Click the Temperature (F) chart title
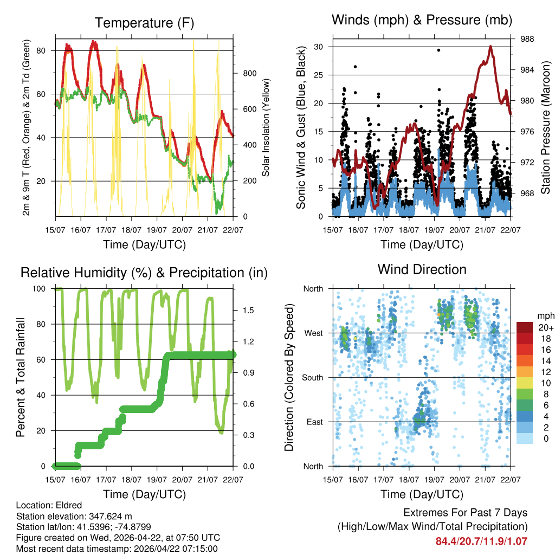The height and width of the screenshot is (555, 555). pyautogui.click(x=144, y=23)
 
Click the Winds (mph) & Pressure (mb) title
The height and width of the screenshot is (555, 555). pyautogui.click(x=422, y=21)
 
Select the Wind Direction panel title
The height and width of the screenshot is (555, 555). pyautogui.click(x=422, y=269)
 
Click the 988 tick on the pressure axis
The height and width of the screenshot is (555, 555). pyautogui.click(x=528, y=39)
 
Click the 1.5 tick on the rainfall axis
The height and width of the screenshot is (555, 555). pyautogui.click(x=249, y=310)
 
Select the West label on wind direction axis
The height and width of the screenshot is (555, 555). pyautogui.click(x=313, y=333)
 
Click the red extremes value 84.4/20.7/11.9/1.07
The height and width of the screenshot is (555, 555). pyautogui.click(x=481, y=541)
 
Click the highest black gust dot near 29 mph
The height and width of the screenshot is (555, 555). pyautogui.click(x=438, y=50)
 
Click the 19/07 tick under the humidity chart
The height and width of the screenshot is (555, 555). pyautogui.click(x=157, y=479)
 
